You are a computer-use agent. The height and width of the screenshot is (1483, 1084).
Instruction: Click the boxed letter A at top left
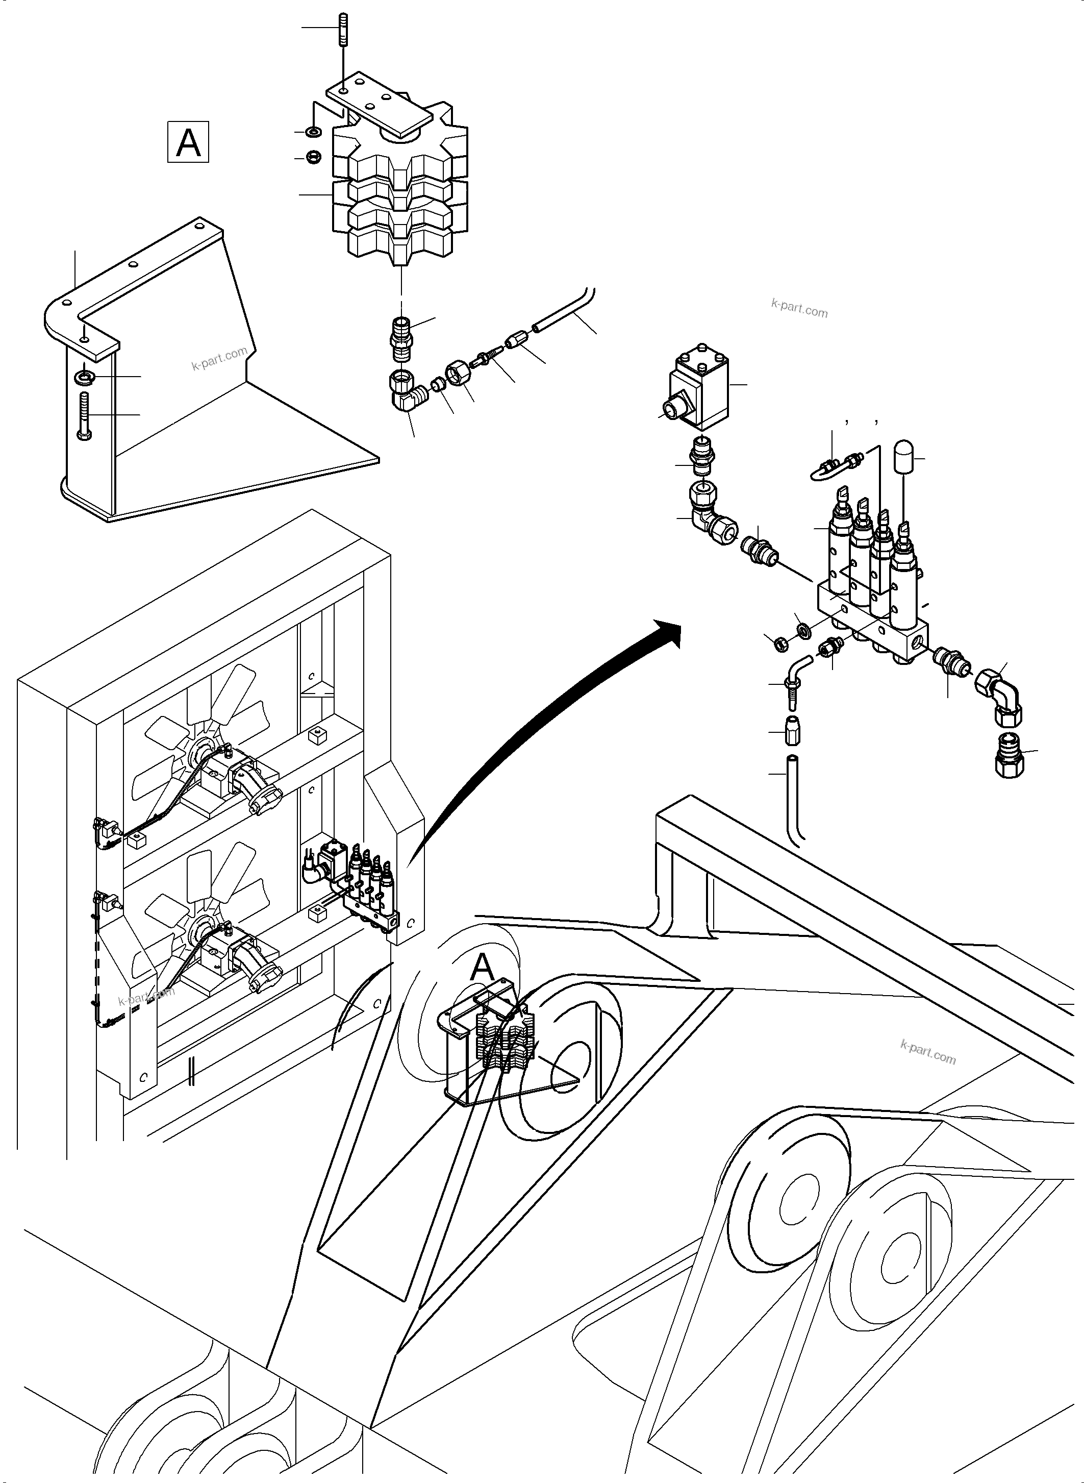click(188, 141)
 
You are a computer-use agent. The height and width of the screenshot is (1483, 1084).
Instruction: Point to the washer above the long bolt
click(85, 377)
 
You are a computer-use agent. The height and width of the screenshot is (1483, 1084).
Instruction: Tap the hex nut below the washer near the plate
click(314, 158)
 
